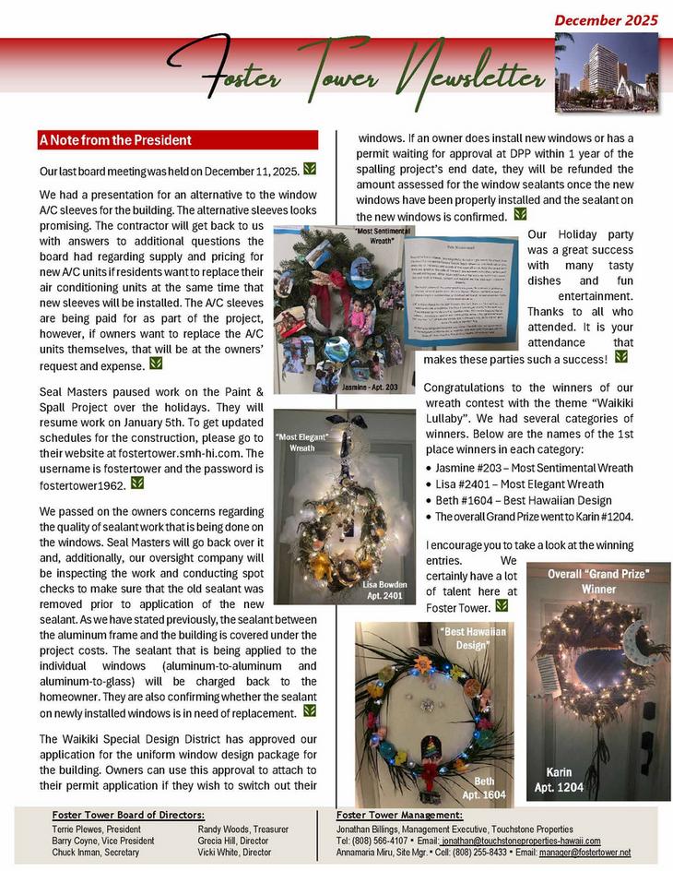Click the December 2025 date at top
click(x=606, y=19)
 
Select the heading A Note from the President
click(x=115, y=140)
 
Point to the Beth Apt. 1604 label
click(x=483, y=787)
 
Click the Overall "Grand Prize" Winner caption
click(x=598, y=580)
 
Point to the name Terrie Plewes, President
click(x=97, y=829)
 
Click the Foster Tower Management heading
click(x=398, y=816)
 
